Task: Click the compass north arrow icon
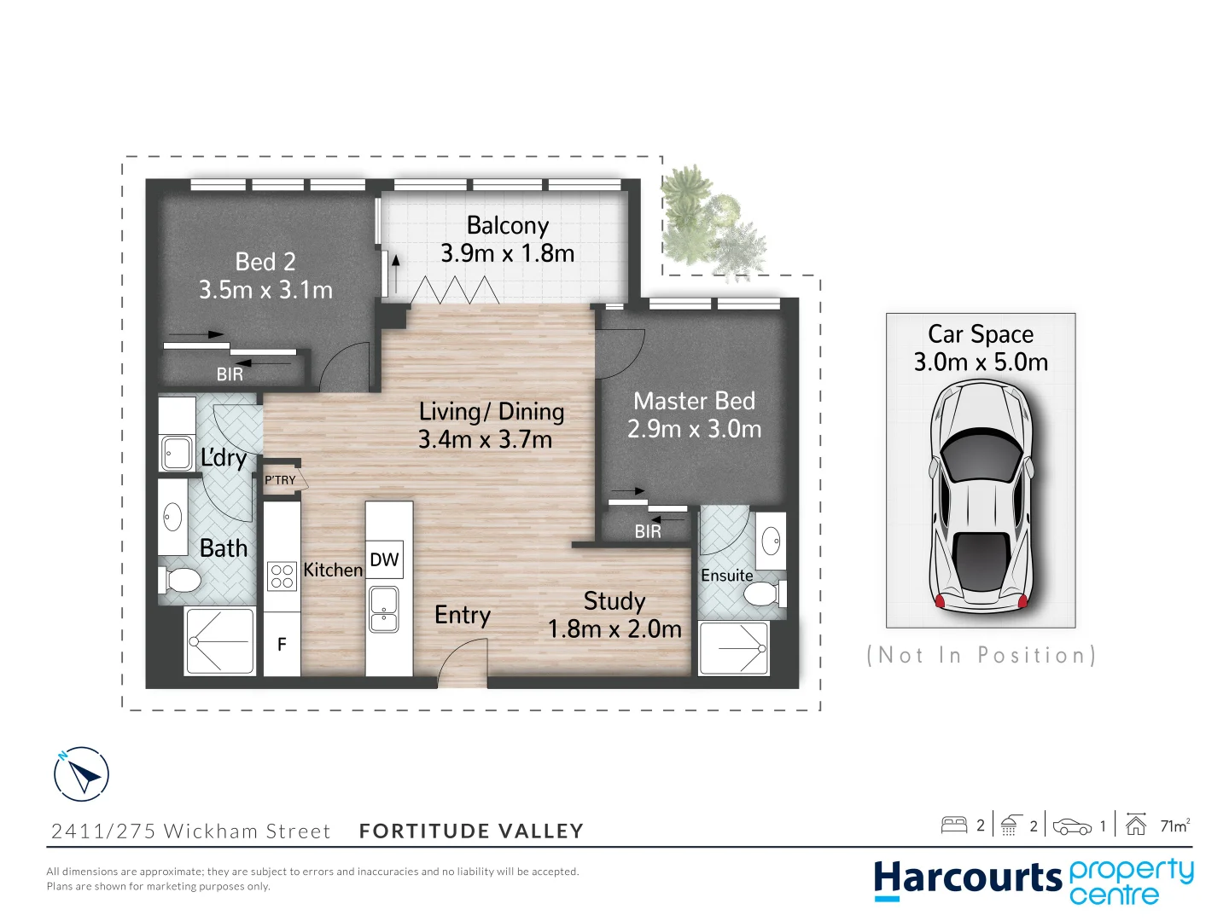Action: (x=82, y=774)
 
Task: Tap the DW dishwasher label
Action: (x=384, y=559)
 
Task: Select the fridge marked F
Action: (x=282, y=645)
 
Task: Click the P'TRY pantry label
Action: (x=280, y=480)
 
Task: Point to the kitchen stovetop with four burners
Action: (x=282, y=576)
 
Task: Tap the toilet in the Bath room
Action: (x=180, y=581)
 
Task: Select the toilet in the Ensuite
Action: (x=762, y=592)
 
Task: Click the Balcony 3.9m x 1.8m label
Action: (x=507, y=240)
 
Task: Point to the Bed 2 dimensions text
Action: (x=265, y=290)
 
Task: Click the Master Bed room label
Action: (x=694, y=401)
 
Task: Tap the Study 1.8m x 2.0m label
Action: (x=614, y=615)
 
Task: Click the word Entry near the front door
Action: (x=462, y=615)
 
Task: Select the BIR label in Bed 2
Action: (x=230, y=374)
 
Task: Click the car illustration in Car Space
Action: (x=981, y=495)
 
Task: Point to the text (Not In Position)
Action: (x=981, y=655)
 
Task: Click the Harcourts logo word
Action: (x=968, y=879)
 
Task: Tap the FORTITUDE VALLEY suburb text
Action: (x=471, y=831)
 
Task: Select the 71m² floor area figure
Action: (x=1174, y=825)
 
